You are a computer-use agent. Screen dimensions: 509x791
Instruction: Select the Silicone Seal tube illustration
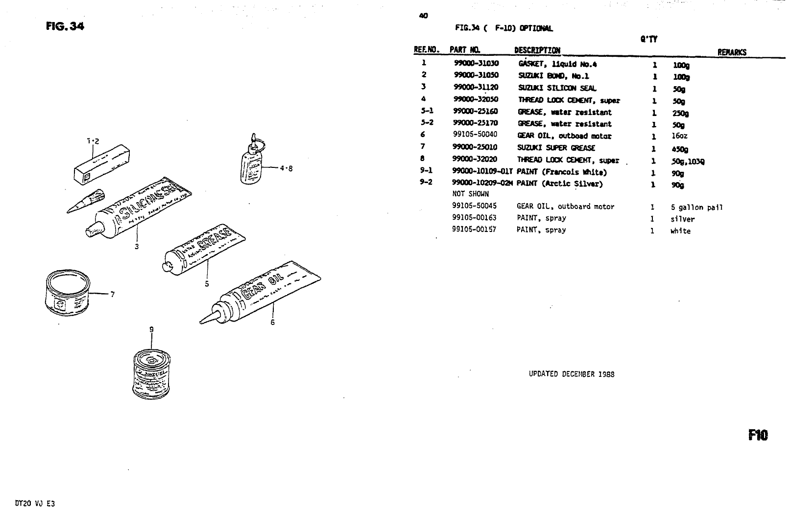coord(142,208)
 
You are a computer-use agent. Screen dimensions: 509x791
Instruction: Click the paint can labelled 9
coord(151,374)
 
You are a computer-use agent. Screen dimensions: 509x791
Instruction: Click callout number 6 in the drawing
coord(273,322)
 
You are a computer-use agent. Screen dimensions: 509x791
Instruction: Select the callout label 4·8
coord(286,169)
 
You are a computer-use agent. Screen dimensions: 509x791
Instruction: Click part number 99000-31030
coord(476,64)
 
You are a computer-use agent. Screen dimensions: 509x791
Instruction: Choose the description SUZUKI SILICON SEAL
coord(557,88)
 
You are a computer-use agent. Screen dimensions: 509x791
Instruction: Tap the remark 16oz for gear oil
coord(679,136)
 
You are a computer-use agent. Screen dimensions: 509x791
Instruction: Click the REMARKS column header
coord(732,52)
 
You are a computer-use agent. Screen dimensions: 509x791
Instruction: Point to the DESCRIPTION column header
coord(537,50)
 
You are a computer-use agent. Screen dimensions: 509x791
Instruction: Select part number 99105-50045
coord(474,207)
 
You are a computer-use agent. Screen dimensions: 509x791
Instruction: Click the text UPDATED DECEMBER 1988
coord(572,374)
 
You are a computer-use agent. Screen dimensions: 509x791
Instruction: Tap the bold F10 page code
coord(758,435)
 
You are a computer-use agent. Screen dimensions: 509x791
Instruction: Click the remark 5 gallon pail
coord(696,208)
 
